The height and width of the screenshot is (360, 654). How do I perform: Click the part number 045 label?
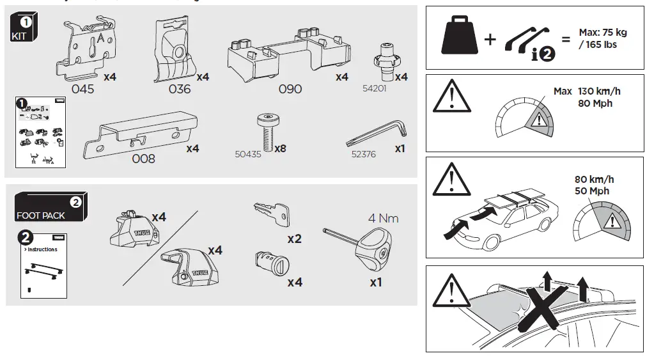[82, 90]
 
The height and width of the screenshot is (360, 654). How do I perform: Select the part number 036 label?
[180, 90]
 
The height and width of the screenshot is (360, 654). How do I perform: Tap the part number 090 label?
[290, 90]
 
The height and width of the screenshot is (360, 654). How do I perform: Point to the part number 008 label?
[143, 159]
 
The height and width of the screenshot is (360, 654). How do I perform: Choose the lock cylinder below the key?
[269, 262]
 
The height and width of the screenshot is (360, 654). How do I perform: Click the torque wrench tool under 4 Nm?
[368, 247]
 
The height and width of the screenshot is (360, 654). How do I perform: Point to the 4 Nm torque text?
[383, 218]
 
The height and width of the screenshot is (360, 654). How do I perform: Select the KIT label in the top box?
[19, 36]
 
